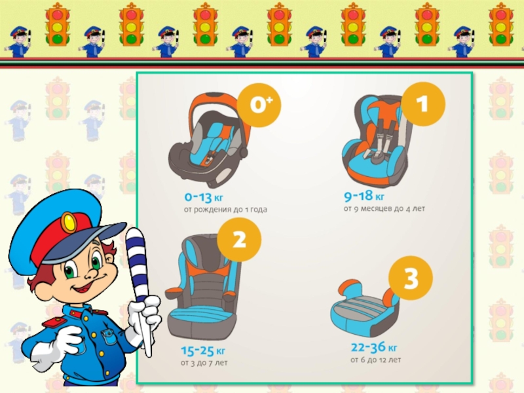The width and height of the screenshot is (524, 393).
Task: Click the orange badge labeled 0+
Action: click(259, 105)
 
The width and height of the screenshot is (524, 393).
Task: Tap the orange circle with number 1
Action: click(423, 104)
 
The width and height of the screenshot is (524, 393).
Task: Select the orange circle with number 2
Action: click(239, 240)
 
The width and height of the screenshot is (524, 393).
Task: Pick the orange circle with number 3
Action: click(411, 278)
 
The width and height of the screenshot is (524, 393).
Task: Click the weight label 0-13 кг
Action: click(204, 197)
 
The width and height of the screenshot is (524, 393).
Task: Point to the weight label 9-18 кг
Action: click(364, 196)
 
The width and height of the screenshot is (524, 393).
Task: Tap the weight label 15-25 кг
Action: click(203, 351)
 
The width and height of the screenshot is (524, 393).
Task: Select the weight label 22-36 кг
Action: click(374, 348)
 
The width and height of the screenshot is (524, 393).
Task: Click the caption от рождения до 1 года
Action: click(225, 210)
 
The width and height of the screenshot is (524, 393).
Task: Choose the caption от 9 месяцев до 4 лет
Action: click(384, 209)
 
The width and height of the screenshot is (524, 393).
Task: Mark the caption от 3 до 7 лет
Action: click(204, 363)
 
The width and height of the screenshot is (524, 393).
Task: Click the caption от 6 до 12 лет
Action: click(375, 360)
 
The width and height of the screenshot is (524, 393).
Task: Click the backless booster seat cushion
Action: click(365, 308)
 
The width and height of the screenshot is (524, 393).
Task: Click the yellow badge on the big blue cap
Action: click(69, 223)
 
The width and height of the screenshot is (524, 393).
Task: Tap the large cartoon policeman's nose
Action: click(91, 274)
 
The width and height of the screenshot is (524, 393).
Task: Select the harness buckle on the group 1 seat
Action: click(379, 155)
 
